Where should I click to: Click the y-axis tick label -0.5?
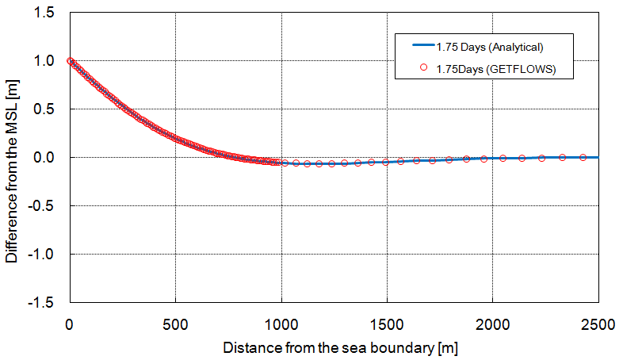pyautogui.click(x=42, y=206)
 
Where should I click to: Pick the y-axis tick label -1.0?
pyautogui.click(x=42, y=255)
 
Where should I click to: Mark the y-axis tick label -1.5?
pyautogui.click(x=42, y=303)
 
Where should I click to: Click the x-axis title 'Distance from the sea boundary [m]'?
pyautogui.click(x=340, y=347)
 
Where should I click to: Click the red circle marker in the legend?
pyautogui.click(x=423, y=69)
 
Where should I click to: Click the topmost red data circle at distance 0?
pyautogui.click(x=71, y=61)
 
